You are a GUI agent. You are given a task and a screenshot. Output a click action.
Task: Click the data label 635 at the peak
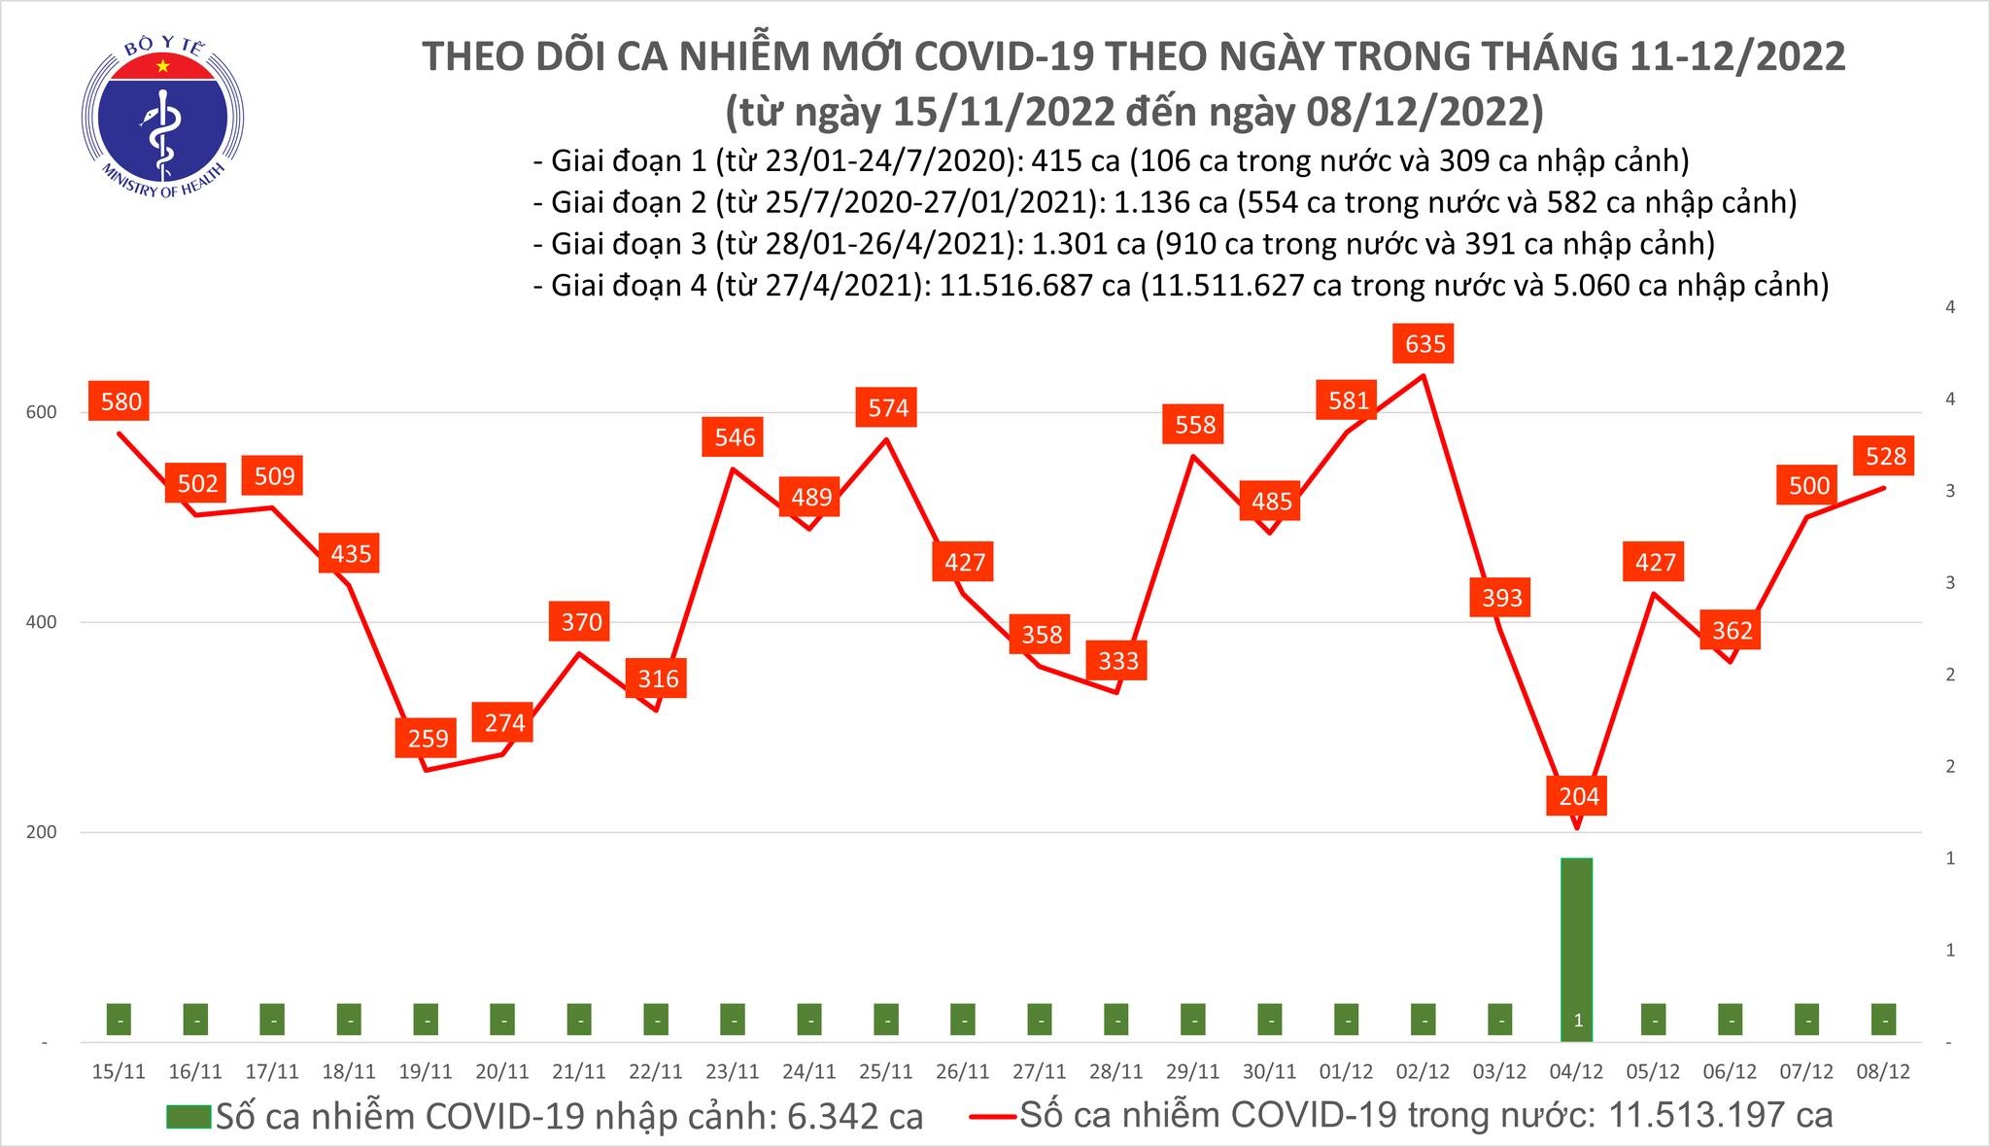[x=1424, y=344]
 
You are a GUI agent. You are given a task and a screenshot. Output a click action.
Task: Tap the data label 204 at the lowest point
[x=1578, y=797]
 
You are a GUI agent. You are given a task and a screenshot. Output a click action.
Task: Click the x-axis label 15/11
[x=119, y=1072]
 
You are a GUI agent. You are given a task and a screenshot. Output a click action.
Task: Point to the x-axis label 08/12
[x=1883, y=1072]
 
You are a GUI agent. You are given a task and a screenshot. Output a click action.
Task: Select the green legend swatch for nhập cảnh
[x=188, y=1117]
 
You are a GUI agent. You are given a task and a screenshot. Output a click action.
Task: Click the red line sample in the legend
[x=993, y=1117]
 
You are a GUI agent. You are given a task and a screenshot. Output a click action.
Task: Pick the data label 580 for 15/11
[x=119, y=401]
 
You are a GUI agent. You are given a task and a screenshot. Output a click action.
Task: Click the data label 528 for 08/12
[x=1885, y=456]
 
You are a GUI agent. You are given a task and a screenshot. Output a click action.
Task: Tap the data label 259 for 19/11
[x=426, y=739]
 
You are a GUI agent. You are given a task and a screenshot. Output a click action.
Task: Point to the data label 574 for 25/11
[x=887, y=407]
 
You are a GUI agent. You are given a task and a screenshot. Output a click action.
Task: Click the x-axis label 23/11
[x=733, y=1072]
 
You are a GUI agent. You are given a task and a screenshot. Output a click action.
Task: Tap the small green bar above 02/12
[x=1424, y=1020]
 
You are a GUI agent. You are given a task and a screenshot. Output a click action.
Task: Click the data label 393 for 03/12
[x=1501, y=597]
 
